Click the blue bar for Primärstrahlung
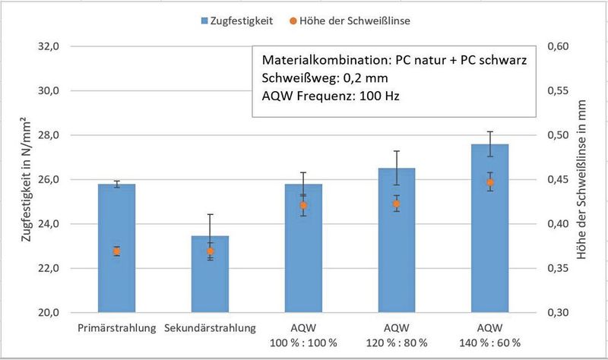(x=116, y=281)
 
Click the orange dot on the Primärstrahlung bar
(x=116, y=251)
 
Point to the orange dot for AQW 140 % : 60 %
(x=489, y=182)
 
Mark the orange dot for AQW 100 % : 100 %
(x=303, y=205)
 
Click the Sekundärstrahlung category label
(x=210, y=328)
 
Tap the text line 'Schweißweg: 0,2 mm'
(x=320, y=78)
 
